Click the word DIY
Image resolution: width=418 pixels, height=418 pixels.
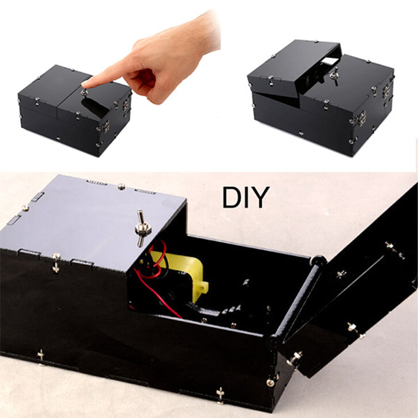tap(246, 198)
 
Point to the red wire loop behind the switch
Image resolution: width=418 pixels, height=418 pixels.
tap(155, 260)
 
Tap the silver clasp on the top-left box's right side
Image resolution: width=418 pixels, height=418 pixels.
tap(124, 104)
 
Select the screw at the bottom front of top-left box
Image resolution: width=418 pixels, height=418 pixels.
tap(58, 138)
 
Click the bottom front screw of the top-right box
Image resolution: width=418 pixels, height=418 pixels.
tap(301, 133)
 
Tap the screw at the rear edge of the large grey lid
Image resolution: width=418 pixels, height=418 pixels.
tap(121, 186)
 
